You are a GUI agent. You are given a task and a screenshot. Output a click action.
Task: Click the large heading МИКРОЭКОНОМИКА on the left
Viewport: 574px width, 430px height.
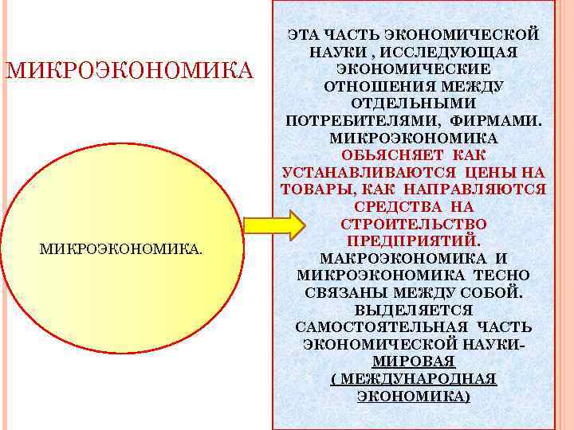(x=129, y=70)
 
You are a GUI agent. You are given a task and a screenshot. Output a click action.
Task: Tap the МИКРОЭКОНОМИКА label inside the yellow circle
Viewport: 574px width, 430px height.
(x=120, y=251)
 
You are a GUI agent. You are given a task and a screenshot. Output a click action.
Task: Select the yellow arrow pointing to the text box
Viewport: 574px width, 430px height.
(x=273, y=225)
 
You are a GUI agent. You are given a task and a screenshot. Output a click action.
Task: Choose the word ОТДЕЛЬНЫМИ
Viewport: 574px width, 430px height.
(x=413, y=104)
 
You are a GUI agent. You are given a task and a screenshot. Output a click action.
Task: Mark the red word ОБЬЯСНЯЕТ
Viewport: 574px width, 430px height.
(x=383, y=154)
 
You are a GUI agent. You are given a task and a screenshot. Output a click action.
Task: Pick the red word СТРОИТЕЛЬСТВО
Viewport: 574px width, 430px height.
(x=413, y=224)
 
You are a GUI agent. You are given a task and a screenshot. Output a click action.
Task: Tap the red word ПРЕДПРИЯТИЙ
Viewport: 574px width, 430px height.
(x=413, y=240)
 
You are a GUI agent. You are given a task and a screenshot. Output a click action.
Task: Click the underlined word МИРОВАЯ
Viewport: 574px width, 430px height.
(x=413, y=361)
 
